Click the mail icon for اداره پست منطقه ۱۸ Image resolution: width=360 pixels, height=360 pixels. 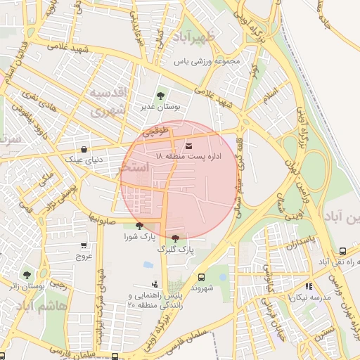point(167,146)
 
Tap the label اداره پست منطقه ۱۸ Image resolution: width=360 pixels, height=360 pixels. point(187,157)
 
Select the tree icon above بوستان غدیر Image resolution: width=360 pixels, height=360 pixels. point(162,96)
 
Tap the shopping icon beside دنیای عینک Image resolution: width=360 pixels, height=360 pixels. point(84,149)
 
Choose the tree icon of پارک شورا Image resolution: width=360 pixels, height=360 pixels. point(139,225)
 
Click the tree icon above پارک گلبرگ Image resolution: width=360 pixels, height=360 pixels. point(175,238)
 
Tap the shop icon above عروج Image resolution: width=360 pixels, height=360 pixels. point(84,245)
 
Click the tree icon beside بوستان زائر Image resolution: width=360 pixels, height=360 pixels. point(27,275)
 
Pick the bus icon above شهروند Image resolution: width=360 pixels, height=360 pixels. point(202,277)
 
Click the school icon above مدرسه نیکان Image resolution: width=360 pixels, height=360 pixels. point(309,286)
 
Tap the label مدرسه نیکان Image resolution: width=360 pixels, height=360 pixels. point(307,297)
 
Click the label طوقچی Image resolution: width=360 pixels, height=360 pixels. point(155,131)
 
